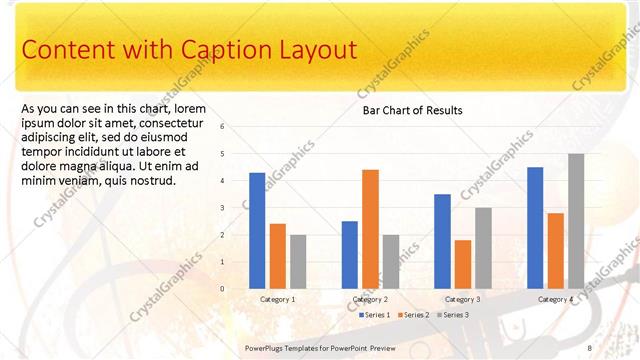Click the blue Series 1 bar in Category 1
click(257, 230)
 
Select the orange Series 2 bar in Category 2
click(370, 228)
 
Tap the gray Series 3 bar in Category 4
click(576, 220)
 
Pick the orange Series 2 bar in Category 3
click(462, 263)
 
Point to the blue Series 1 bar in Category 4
click(535, 227)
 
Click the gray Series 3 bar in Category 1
click(298, 261)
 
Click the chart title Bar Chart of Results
click(412, 110)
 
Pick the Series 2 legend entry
click(413, 315)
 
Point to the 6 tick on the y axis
click(236, 127)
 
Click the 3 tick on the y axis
click(236, 208)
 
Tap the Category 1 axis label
click(277, 299)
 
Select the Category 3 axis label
click(462, 299)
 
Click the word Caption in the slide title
click(222, 50)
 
